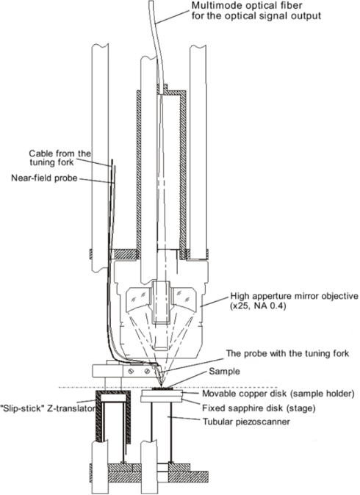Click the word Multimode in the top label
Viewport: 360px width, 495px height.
pyautogui.click(x=216, y=5)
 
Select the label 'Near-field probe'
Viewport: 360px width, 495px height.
pyautogui.click(x=44, y=178)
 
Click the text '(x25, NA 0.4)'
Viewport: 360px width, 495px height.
pyautogui.click(x=258, y=306)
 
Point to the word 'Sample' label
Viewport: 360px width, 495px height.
pyautogui.click(x=224, y=372)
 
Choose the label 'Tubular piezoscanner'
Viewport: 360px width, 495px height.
pyautogui.click(x=246, y=422)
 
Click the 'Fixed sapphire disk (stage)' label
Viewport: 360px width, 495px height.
pyautogui.click(x=259, y=408)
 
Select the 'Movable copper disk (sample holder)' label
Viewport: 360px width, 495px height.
pyautogui.click(x=278, y=394)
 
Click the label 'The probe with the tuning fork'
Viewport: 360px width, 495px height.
pyautogui.click(x=287, y=353)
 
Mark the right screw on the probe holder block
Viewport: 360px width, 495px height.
pyautogui.click(x=147, y=372)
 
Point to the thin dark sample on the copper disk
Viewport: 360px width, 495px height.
pyautogui.click(x=162, y=389)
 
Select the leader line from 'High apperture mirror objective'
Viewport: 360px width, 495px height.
pyautogui.click(x=214, y=302)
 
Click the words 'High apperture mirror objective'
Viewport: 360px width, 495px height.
pyautogui.click(x=295, y=296)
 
